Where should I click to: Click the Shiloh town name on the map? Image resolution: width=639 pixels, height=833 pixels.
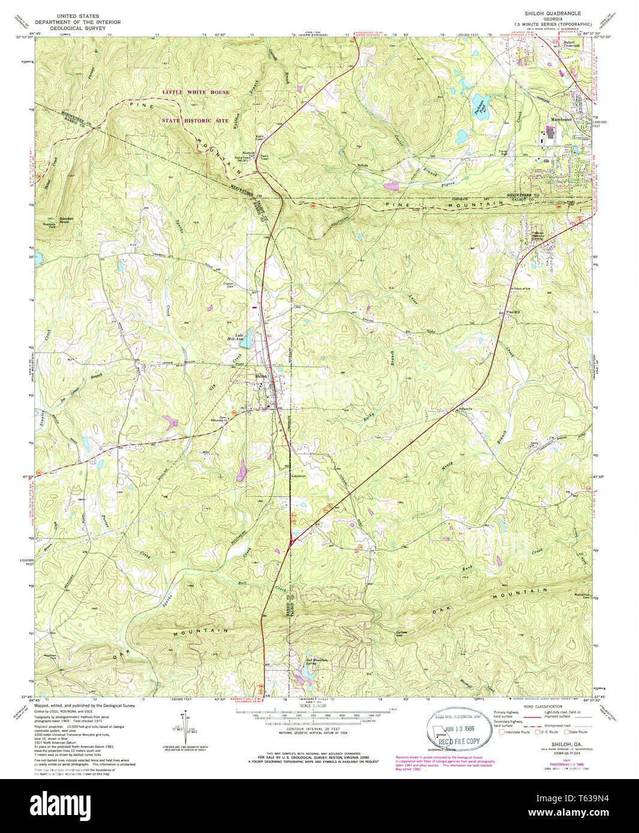(261, 376)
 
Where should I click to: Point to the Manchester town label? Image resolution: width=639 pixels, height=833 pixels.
(562, 119)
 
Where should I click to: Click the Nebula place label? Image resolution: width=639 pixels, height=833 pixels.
(362, 165)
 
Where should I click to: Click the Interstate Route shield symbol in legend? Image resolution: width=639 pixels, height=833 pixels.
(502, 732)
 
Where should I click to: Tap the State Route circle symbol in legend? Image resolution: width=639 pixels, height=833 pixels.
(565, 732)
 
